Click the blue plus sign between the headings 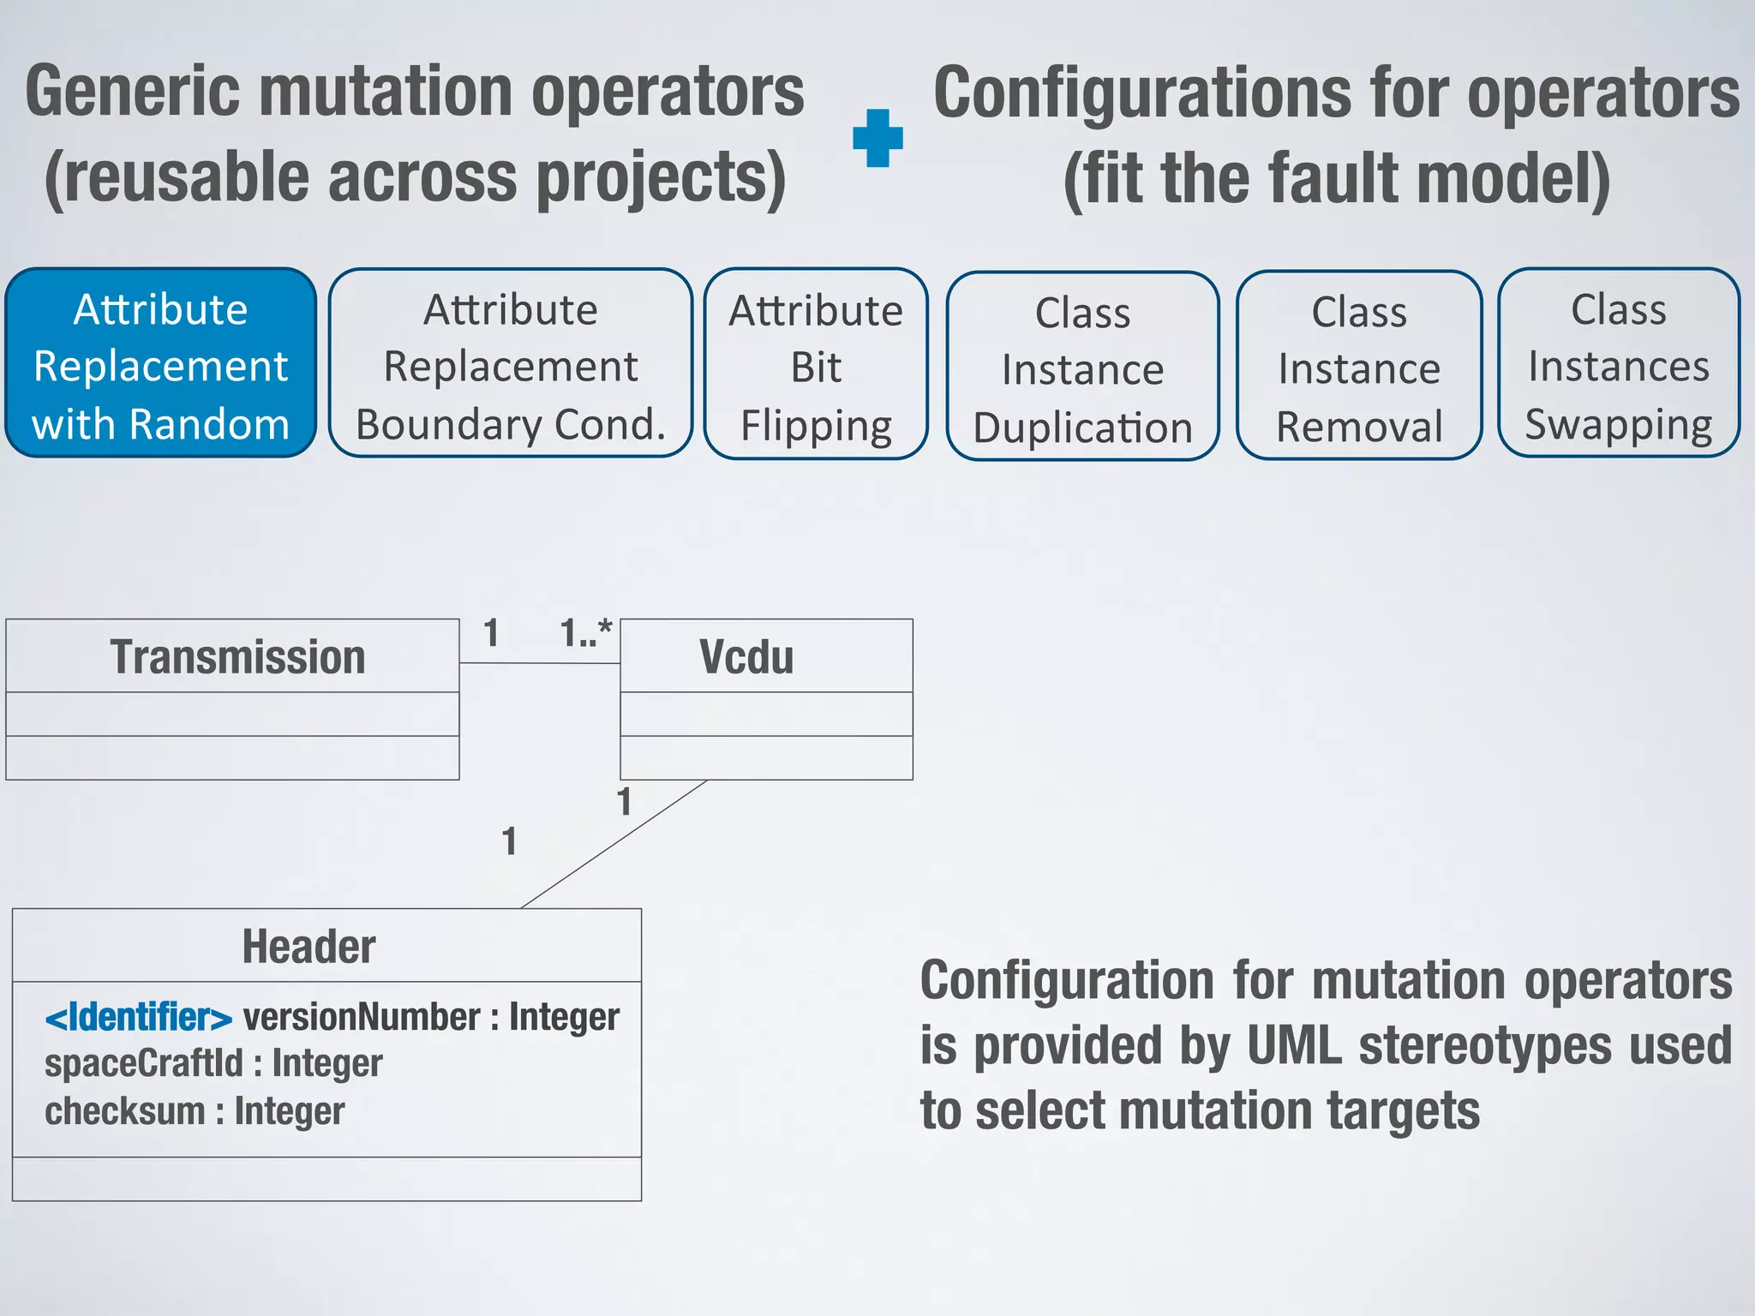pyautogui.click(x=877, y=137)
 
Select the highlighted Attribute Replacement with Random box pyautogui.click(x=161, y=364)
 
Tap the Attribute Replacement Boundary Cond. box pyautogui.click(x=511, y=364)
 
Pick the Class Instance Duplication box pyautogui.click(x=1082, y=368)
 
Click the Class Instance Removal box pyautogui.click(x=1359, y=367)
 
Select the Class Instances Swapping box pyautogui.click(x=1618, y=364)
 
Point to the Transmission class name pyautogui.click(x=237, y=657)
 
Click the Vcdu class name pyautogui.click(x=746, y=657)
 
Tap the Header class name pyautogui.click(x=308, y=947)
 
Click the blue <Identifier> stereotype pyautogui.click(x=139, y=1017)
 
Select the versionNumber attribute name pyautogui.click(x=362, y=1017)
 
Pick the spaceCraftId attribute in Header pyautogui.click(x=143, y=1064)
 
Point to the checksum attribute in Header pyautogui.click(x=125, y=1111)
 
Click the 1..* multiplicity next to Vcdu pyautogui.click(x=586, y=633)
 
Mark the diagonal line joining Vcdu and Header pyautogui.click(x=614, y=844)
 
